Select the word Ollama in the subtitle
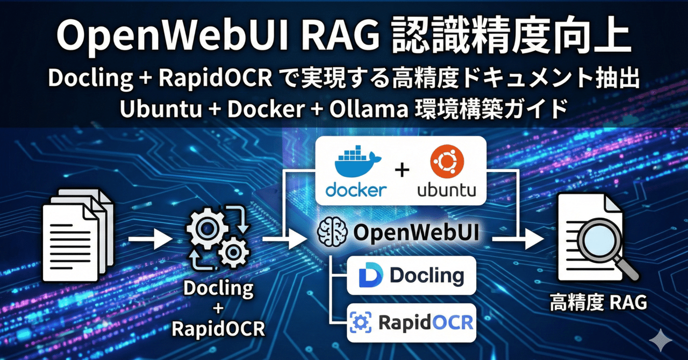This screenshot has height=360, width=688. tap(369, 110)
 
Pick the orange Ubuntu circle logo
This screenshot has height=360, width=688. tap(447, 162)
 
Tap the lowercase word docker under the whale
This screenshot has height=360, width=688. tap(356, 190)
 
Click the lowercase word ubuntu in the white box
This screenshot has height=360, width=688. tap(447, 190)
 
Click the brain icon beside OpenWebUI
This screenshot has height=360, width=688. tap(332, 232)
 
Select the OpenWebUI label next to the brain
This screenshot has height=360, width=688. tap(416, 233)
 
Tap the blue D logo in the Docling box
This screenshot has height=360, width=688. tap(371, 275)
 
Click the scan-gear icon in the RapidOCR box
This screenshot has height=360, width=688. tap(361, 322)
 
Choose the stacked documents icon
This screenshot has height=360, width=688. tap(78, 235)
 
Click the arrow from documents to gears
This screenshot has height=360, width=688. tap(151, 239)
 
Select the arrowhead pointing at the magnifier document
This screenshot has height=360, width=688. tap(534, 239)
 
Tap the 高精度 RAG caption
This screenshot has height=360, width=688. tap(598, 303)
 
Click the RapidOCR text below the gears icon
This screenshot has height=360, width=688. tap(218, 329)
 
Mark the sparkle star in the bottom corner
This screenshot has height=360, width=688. tap(661, 340)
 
